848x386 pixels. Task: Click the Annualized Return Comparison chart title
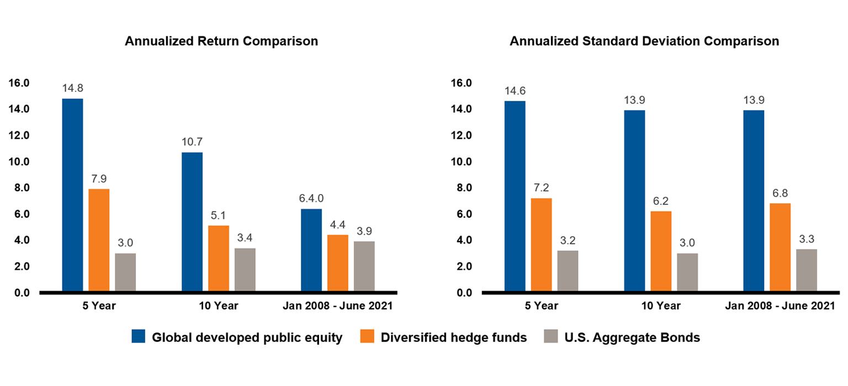221,41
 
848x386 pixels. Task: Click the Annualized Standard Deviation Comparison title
644,41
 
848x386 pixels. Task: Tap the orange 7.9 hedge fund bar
99,240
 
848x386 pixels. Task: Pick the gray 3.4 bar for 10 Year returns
245,270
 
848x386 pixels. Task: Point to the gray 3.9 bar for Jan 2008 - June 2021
364,266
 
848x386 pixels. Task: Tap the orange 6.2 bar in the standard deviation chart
661,251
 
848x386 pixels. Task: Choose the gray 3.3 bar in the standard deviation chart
806,270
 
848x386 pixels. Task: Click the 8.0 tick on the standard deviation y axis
462,188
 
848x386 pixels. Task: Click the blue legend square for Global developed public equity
138,337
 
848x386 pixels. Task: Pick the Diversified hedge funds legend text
453,337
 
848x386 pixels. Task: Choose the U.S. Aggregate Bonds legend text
632,337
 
